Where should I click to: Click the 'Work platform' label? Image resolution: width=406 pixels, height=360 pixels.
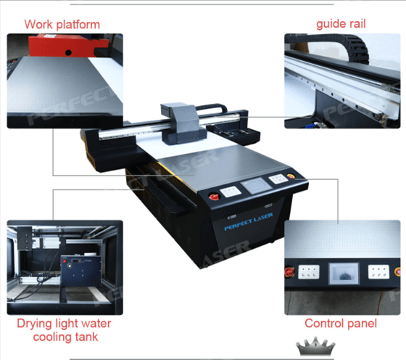[62, 25]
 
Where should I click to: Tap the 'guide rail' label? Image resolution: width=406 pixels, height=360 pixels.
[341, 24]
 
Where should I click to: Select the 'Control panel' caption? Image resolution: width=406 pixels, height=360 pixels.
[341, 324]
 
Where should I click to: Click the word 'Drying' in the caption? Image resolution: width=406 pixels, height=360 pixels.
[35, 324]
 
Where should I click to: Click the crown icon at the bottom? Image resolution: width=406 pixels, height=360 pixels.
[315, 346]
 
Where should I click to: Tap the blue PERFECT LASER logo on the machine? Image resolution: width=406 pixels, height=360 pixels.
[248, 221]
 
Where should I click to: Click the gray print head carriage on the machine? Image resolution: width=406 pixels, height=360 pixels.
[182, 123]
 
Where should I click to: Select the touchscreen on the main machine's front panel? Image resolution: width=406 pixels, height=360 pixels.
[256, 185]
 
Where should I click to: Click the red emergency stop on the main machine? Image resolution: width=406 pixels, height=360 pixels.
[214, 197]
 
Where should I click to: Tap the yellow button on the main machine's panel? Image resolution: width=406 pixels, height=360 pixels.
[291, 176]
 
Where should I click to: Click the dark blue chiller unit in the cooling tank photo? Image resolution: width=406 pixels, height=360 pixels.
[81, 271]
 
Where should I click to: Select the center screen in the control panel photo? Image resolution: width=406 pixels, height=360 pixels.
[344, 274]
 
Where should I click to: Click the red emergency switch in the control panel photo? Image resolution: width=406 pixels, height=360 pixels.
[289, 272]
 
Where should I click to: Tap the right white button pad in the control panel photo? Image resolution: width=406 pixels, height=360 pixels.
[378, 271]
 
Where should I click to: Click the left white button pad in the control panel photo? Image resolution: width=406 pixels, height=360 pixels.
[308, 272]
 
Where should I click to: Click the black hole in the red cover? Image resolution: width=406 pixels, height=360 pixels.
[68, 52]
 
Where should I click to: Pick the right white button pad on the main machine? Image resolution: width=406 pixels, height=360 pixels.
[278, 179]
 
